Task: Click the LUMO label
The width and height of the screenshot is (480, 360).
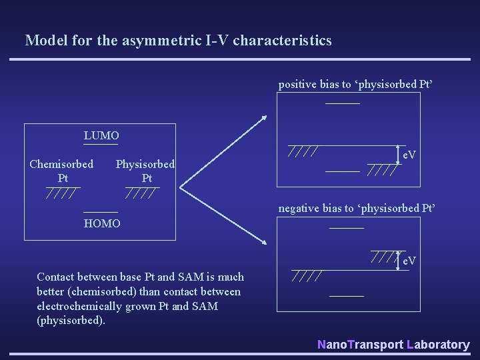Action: click(x=101, y=136)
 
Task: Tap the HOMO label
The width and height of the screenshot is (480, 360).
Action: click(x=102, y=223)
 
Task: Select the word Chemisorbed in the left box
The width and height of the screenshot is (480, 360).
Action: click(x=61, y=164)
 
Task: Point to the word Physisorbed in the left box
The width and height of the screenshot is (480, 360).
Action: click(x=145, y=164)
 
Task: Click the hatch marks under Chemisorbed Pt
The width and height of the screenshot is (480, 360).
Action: click(x=61, y=194)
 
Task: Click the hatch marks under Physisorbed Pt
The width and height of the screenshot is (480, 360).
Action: click(x=142, y=194)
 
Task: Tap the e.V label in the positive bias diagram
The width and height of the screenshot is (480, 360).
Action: click(x=409, y=155)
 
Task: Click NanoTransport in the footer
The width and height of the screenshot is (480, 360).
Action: click(x=360, y=345)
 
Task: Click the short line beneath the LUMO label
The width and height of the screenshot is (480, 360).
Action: click(x=101, y=144)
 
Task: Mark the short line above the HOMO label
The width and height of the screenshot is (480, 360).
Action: click(x=101, y=211)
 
